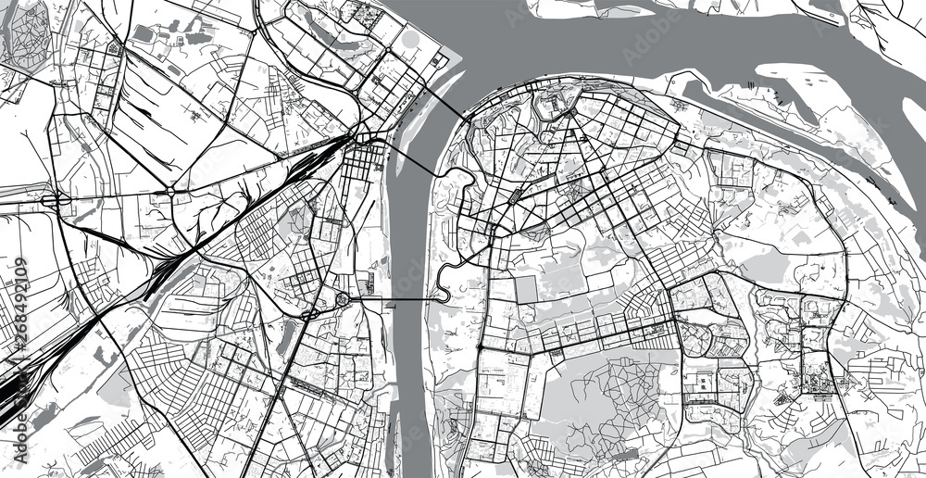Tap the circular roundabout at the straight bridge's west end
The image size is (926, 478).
tap(342, 298)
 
